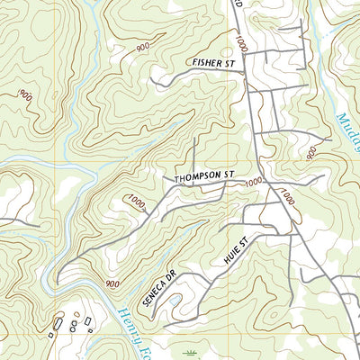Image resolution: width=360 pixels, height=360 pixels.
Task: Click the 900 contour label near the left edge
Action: (25, 95)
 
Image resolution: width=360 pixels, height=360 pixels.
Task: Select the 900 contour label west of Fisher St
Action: (143, 48)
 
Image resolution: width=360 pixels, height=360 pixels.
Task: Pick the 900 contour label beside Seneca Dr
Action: (112, 283)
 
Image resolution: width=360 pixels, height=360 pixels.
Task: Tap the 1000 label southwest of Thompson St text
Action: (136, 200)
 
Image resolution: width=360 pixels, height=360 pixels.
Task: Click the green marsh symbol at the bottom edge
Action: (190, 353)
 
